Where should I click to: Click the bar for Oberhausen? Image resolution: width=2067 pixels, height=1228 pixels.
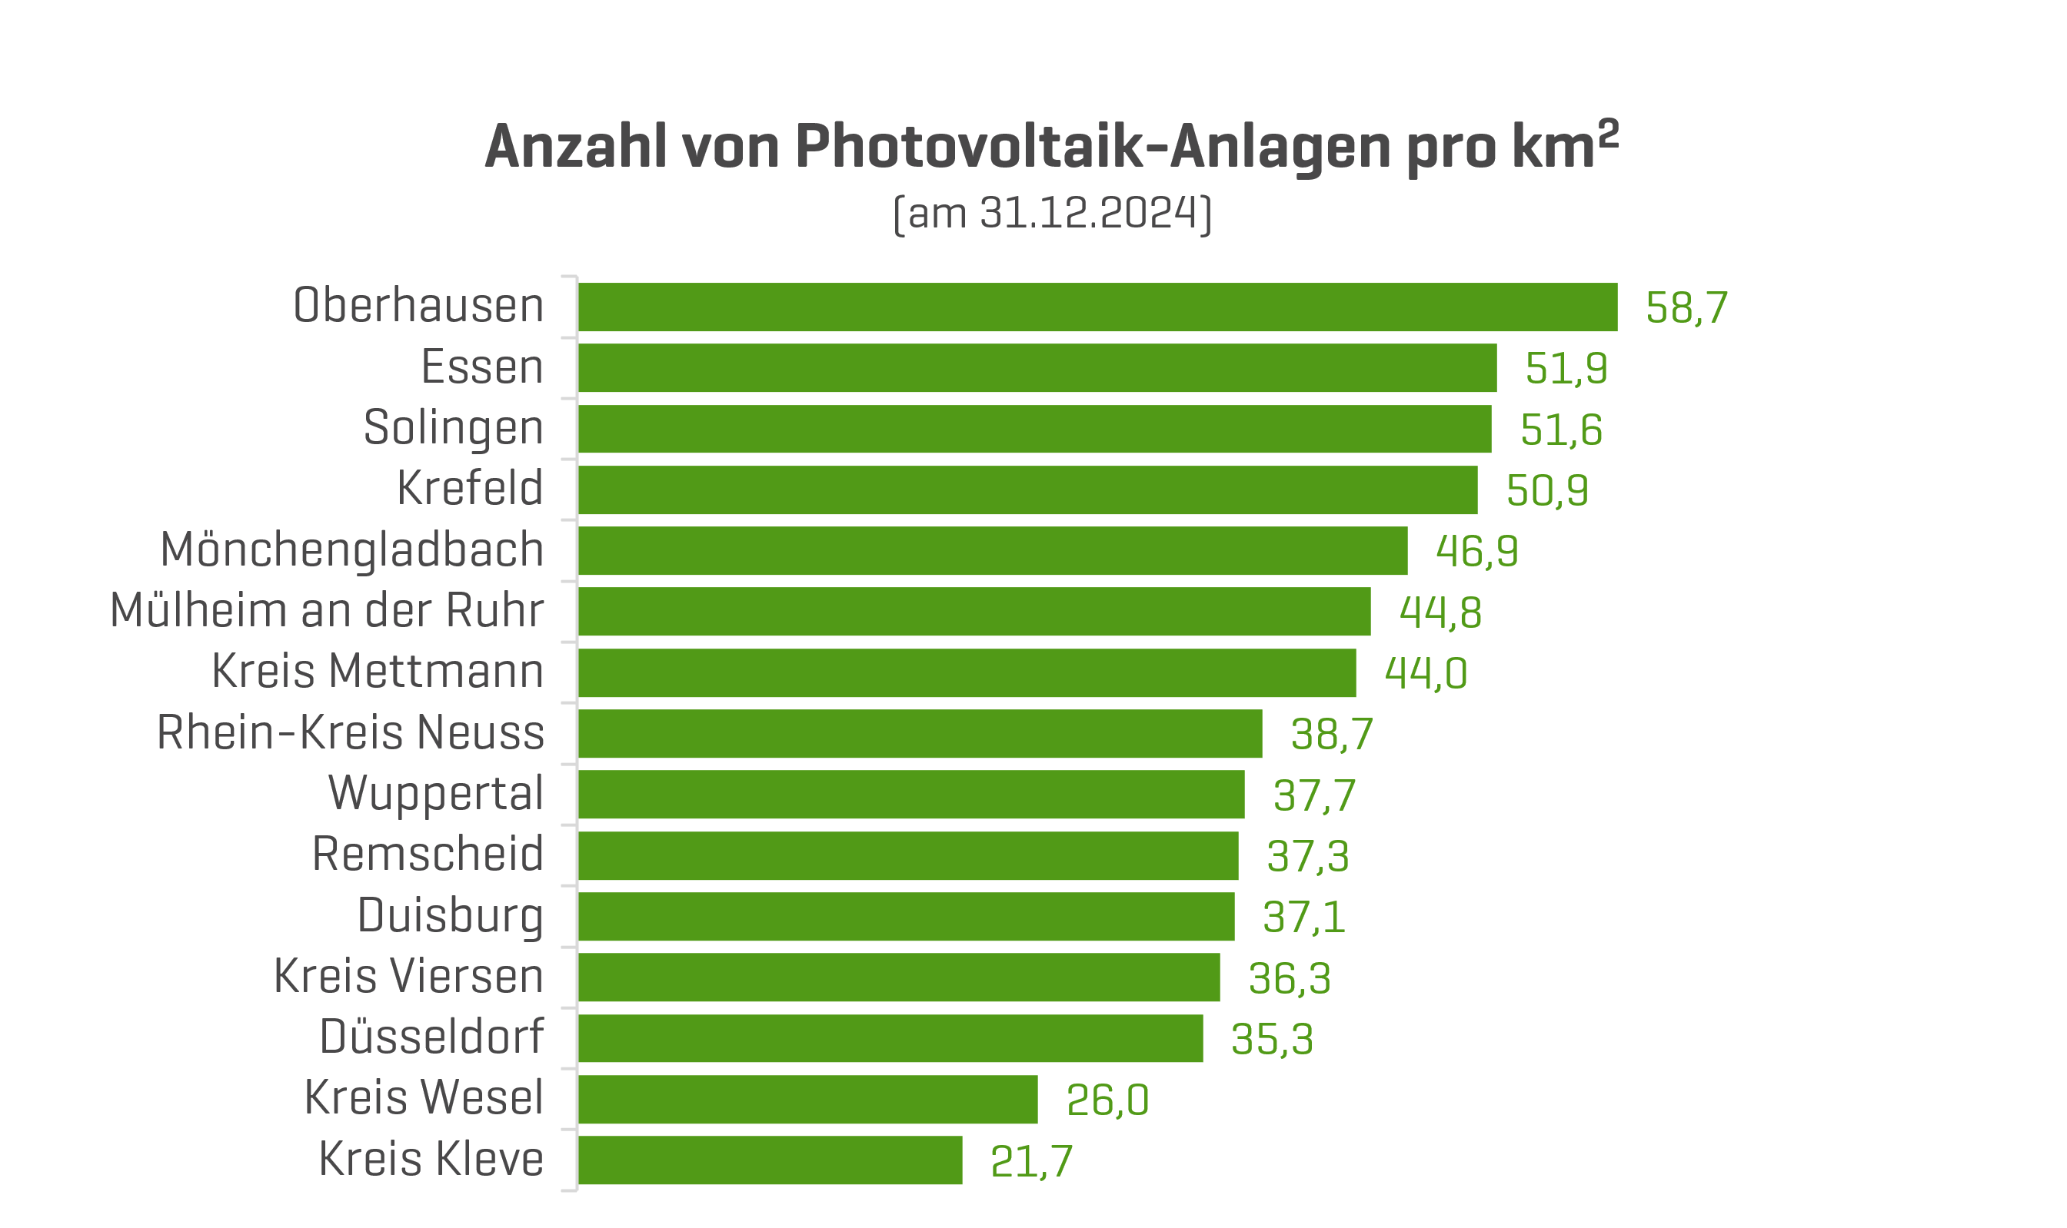[x=1097, y=307]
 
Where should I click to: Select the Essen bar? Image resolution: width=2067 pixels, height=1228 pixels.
[x=1037, y=367]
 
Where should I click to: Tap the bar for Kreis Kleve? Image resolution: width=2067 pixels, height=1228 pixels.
[x=770, y=1160]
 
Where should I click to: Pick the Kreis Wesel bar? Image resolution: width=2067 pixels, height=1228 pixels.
[x=807, y=1099]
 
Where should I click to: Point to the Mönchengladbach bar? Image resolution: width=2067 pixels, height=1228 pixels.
[x=992, y=550]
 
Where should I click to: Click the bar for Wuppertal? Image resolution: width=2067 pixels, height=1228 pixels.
[x=910, y=795]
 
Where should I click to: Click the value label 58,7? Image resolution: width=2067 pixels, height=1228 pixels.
[x=1686, y=308]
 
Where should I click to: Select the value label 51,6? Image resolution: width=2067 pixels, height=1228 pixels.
[x=1560, y=430]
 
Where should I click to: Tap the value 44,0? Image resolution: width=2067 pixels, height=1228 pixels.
[x=1426, y=672]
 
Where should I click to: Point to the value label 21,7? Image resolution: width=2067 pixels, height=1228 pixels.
[x=1030, y=1161]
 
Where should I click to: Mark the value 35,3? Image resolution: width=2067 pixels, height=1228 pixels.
[x=1271, y=1039]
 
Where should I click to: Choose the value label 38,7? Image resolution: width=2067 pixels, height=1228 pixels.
[x=1331, y=734]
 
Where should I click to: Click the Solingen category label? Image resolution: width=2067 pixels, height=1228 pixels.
[x=453, y=429]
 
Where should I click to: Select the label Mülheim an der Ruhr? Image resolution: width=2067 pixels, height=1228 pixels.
[x=326, y=611]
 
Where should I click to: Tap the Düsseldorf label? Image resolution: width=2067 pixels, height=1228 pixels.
[x=431, y=1037]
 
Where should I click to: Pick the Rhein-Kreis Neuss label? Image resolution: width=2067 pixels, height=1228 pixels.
[x=350, y=732]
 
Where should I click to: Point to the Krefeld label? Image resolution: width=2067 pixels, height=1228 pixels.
[x=469, y=488]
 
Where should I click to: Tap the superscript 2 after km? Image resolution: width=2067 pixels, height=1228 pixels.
[x=1608, y=133]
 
